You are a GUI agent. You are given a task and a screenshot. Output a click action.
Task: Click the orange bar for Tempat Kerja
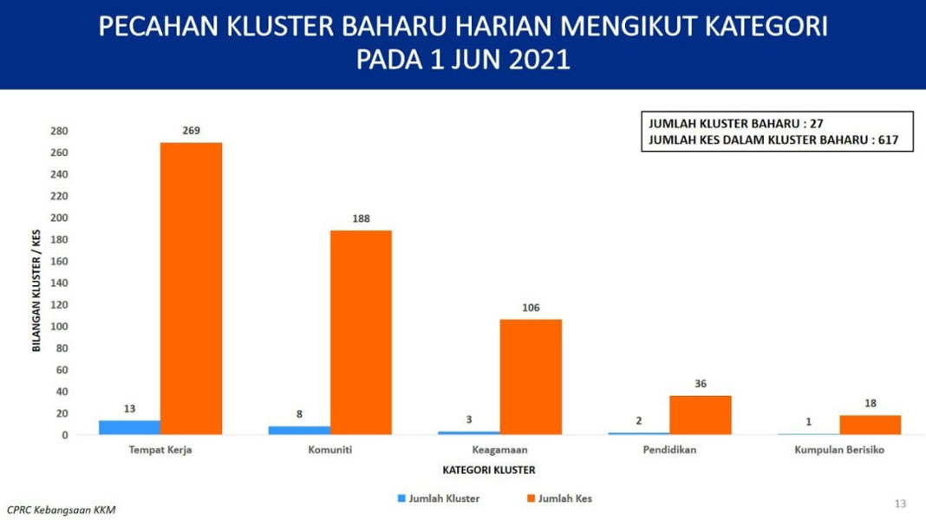click(x=192, y=289)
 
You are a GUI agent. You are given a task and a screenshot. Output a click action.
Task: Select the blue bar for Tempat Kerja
click(x=130, y=428)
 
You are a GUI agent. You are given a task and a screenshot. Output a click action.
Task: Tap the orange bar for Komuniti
click(x=361, y=332)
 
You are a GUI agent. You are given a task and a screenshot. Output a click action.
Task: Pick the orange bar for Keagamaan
click(x=531, y=377)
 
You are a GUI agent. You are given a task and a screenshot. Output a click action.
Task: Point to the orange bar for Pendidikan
click(x=701, y=415)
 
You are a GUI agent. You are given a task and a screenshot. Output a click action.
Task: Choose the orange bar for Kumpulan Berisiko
click(x=871, y=425)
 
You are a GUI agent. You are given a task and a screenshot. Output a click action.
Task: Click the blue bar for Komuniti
click(x=299, y=430)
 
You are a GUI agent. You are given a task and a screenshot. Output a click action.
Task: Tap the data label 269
click(x=192, y=131)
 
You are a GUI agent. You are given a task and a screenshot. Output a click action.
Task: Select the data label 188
click(x=361, y=218)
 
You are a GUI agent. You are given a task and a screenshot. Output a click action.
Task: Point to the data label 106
click(x=531, y=308)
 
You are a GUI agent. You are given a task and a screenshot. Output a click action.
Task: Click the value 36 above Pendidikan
click(x=701, y=384)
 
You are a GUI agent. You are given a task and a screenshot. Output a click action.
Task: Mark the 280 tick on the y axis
click(x=59, y=131)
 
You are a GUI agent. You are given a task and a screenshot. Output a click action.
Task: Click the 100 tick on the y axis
click(x=59, y=327)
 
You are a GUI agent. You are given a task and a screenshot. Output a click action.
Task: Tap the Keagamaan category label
click(x=499, y=450)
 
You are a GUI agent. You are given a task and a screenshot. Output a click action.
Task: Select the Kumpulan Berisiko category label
click(x=839, y=450)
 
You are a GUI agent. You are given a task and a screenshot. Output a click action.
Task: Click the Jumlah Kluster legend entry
click(x=439, y=498)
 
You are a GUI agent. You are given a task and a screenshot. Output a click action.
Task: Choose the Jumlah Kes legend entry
click(x=559, y=498)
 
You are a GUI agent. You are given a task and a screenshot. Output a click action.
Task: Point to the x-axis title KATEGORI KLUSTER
click(x=489, y=470)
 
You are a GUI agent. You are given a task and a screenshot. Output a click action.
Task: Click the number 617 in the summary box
click(x=888, y=140)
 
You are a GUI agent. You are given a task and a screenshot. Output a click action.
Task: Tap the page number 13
click(x=900, y=504)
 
